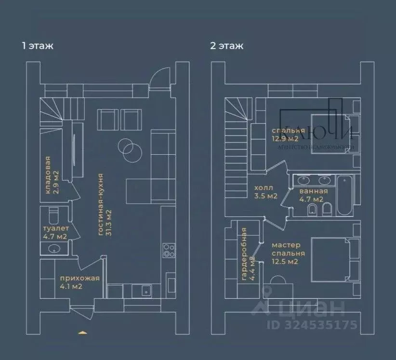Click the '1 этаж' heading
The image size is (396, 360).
(x=37, y=46)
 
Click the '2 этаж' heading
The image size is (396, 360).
(x=226, y=46)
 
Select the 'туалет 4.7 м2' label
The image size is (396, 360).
(x=55, y=232)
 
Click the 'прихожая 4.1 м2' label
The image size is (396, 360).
(x=79, y=282)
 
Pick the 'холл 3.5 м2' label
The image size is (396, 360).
(x=265, y=192)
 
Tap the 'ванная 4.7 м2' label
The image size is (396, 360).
(x=311, y=195)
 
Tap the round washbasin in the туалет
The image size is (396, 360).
(x=54, y=249)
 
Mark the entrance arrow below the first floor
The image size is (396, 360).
(x=82, y=332)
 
